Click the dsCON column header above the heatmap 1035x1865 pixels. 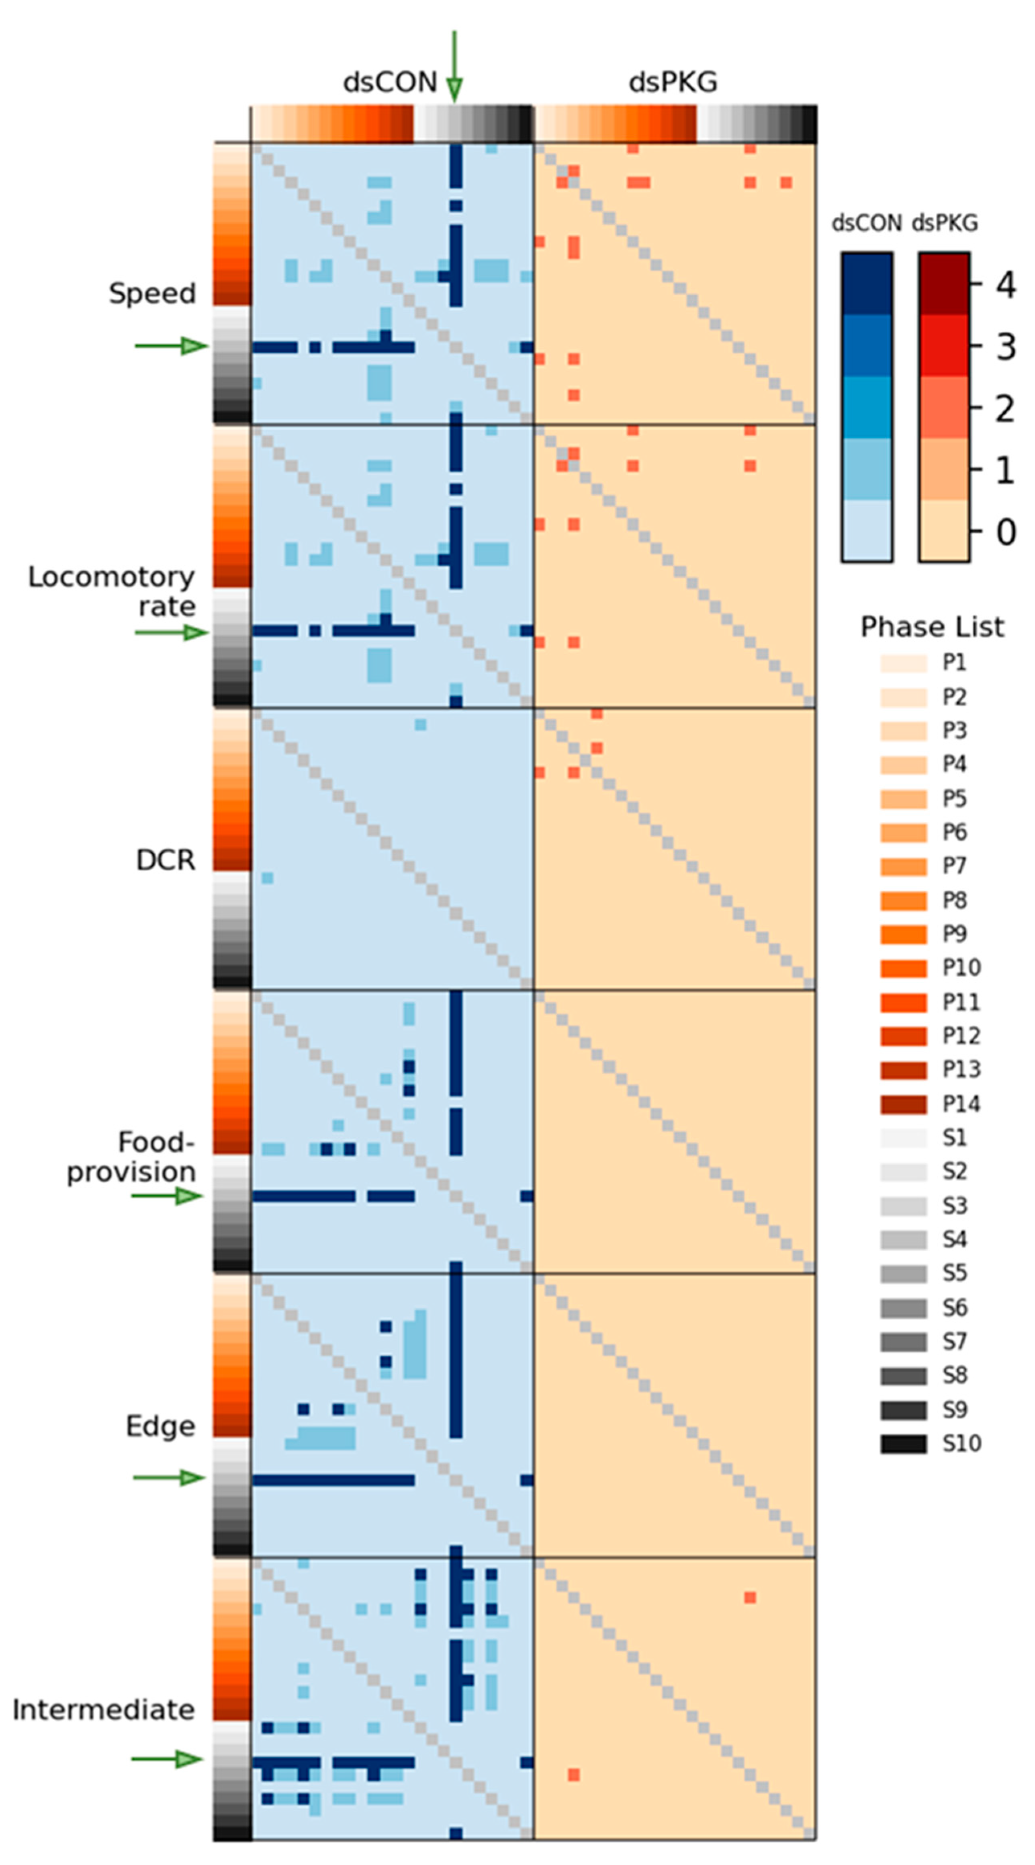[x=389, y=82]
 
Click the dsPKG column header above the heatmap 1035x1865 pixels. [x=672, y=82]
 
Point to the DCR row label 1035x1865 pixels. [x=166, y=860]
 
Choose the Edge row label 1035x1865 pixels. [x=161, y=1426]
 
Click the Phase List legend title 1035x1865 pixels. [x=931, y=627]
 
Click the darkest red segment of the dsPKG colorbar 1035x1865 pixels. [x=944, y=284]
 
